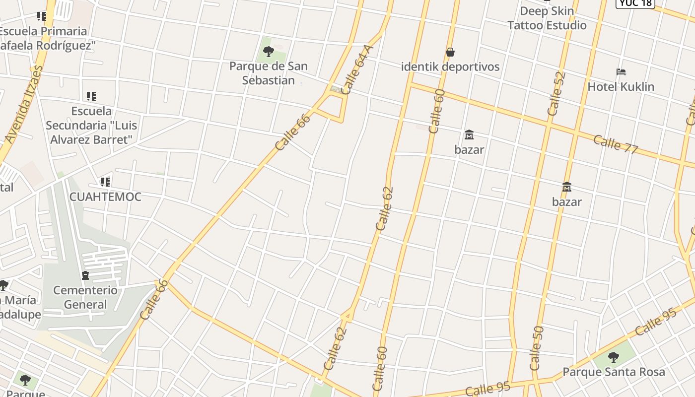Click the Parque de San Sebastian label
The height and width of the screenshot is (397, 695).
coord(268,73)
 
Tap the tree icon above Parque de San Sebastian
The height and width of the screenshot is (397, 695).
coord(269,51)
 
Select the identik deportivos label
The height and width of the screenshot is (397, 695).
coord(450,66)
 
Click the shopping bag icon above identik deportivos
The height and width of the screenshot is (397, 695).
coord(450,52)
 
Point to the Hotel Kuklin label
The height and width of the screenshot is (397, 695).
coord(621,86)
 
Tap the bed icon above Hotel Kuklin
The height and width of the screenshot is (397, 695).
coord(621,72)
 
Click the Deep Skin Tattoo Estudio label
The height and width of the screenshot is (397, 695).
coord(547,18)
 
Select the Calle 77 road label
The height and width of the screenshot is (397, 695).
coord(616,144)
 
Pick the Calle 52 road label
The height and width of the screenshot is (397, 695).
coord(556,94)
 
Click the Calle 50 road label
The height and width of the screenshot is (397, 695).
coord(537,348)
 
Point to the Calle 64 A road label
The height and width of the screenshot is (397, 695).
coord(357,69)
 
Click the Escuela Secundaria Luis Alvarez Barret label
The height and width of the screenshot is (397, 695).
coord(91,125)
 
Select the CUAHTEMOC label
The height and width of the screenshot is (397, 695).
coord(105,197)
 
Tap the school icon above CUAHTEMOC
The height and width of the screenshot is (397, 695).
coord(105,182)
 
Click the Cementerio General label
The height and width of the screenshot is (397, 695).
coord(85,297)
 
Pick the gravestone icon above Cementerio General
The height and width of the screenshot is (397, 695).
coord(85,275)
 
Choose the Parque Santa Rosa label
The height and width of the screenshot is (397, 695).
coord(614,372)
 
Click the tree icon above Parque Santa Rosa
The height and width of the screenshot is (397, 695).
coord(614,357)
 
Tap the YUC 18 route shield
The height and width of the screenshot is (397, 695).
coord(635,3)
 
